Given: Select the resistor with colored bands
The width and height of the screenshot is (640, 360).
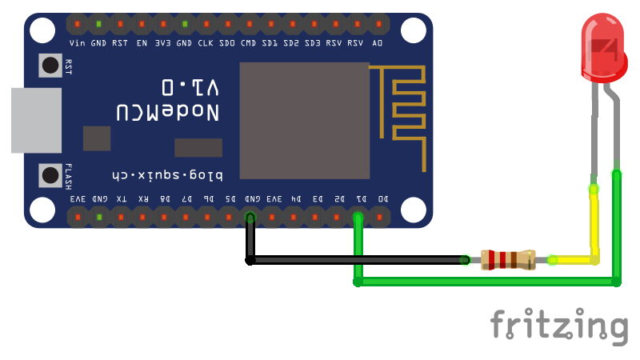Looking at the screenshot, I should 507,259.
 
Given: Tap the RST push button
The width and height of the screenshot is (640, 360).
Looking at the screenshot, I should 50,66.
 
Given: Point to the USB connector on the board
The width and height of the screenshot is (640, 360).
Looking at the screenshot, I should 36,120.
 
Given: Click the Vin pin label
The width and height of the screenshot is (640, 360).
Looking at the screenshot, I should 78,42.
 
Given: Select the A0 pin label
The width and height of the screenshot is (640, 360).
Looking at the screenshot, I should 377,42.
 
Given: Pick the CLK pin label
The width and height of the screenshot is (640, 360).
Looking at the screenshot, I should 206,42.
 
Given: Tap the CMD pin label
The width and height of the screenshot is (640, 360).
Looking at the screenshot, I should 249,42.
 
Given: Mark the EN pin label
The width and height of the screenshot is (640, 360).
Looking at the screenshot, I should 142,42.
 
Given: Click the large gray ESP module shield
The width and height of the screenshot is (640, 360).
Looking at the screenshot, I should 304,120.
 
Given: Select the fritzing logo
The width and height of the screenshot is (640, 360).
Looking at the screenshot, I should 558,326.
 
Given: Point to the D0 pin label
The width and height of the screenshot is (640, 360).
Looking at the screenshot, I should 382,198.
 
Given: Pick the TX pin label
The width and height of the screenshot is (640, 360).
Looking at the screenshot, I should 121,198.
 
